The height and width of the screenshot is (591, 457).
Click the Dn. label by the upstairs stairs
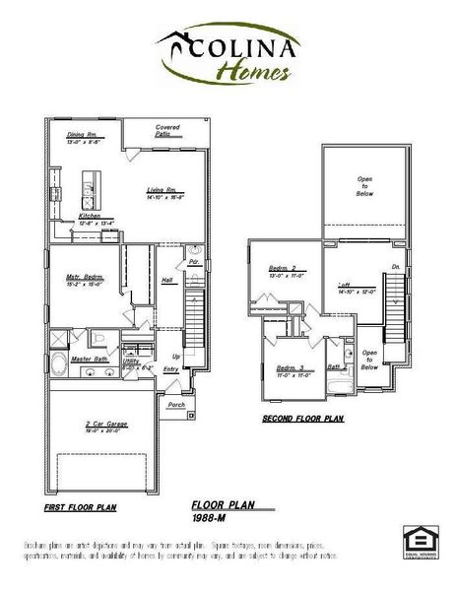(395, 267)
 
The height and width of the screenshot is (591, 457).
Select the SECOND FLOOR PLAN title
(302, 418)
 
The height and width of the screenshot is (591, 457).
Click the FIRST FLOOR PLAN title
(82, 508)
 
